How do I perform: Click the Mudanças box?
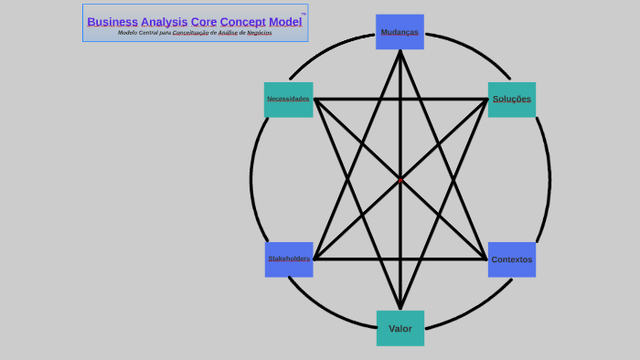coord(400,32)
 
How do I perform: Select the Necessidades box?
coord(288,99)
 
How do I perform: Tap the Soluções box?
coord(511,99)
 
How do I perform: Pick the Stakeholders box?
coord(289,259)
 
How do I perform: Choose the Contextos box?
coord(511,259)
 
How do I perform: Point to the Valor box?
coord(400,328)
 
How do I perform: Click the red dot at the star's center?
coord(400,180)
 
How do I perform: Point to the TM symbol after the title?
coord(304,15)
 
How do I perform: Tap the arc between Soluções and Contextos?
coord(549,179)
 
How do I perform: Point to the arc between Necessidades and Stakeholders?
coord(251,179)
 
